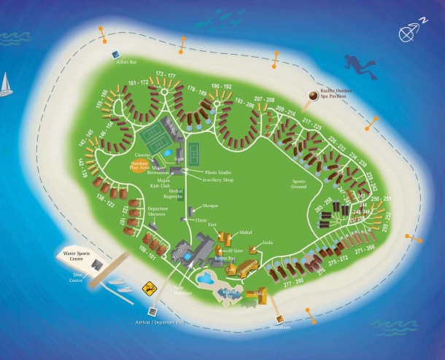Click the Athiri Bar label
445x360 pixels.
(x=125, y=63)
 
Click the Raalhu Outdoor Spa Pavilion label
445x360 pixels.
(x=338, y=93)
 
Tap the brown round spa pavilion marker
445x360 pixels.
(x=313, y=95)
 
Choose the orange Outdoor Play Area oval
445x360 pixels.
(x=144, y=165)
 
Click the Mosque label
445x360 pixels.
(x=210, y=206)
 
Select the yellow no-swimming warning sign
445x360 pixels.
(x=149, y=289)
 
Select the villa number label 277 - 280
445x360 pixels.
(x=294, y=280)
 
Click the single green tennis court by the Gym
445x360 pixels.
(x=194, y=152)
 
